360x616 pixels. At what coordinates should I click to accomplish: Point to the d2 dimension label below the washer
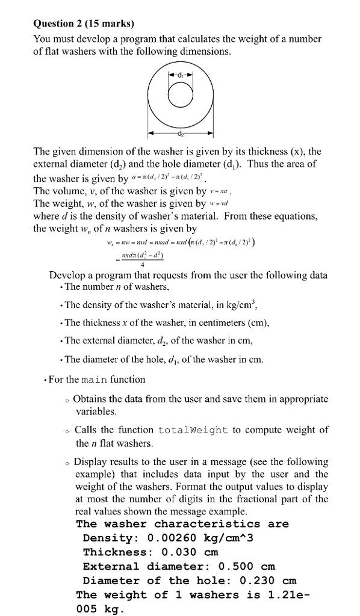click(x=180, y=134)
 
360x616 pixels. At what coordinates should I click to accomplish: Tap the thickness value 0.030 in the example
click(x=181, y=552)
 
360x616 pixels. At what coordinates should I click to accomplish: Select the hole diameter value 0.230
click(x=253, y=581)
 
